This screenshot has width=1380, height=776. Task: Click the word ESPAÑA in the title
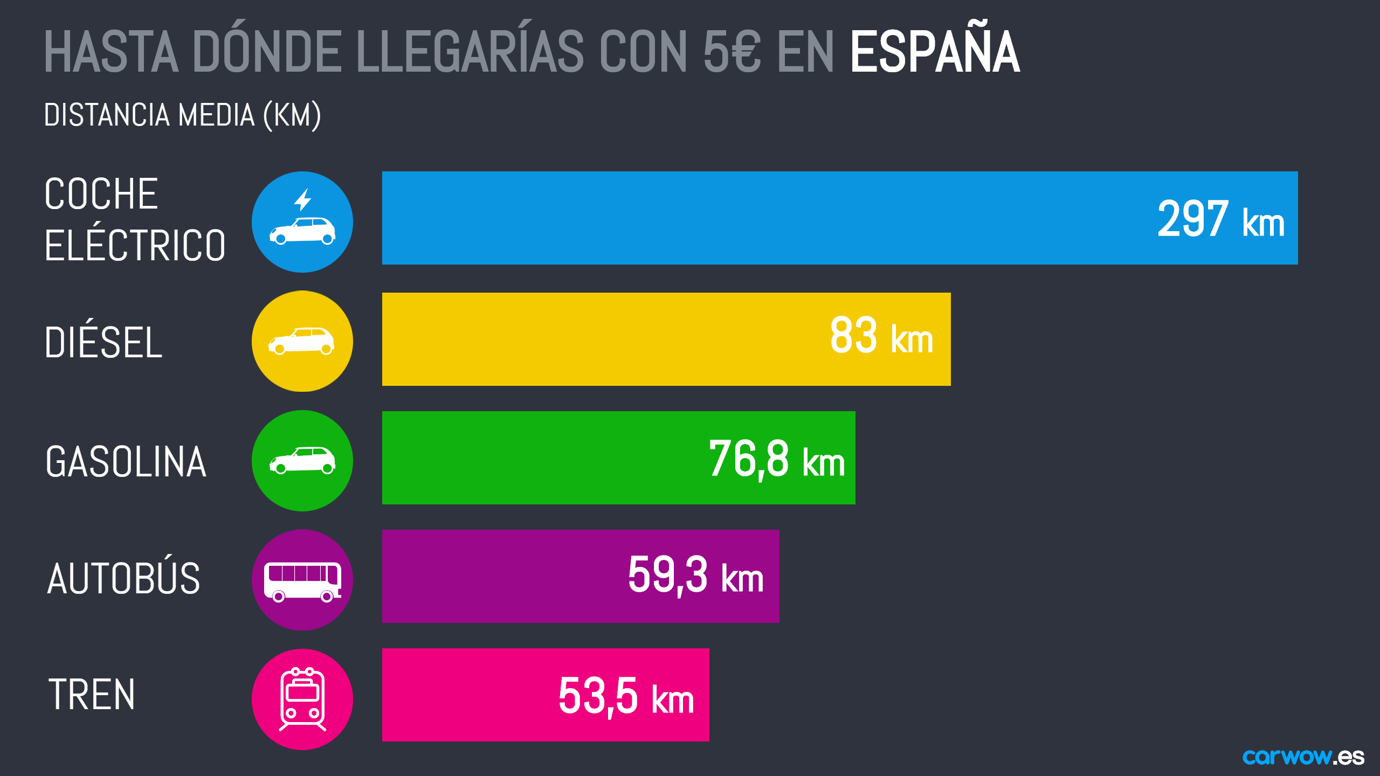click(935, 52)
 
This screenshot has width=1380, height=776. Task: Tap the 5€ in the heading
click(732, 52)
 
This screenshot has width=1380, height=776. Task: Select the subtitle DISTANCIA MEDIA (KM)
click(182, 115)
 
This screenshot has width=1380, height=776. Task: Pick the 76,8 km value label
click(776, 459)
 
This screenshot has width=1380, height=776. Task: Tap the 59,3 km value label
click(695, 576)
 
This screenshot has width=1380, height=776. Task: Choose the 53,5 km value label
click(626, 696)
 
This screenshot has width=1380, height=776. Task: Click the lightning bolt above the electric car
click(303, 199)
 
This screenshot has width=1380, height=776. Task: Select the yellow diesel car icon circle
click(302, 341)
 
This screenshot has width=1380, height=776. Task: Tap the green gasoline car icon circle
click(302, 461)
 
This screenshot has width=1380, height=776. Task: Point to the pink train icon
click(302, 699)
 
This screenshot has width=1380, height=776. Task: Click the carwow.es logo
click(1303, 757)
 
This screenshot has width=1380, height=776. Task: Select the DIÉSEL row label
click(103, 342)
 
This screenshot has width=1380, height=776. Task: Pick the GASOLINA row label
click(126, 462)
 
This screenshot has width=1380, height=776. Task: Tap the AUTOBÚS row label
click(123, 578)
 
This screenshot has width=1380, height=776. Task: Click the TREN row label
click(92, 695)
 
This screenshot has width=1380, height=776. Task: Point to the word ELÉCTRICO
click(135, 245)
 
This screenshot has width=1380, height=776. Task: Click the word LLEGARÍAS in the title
click(470, 52)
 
